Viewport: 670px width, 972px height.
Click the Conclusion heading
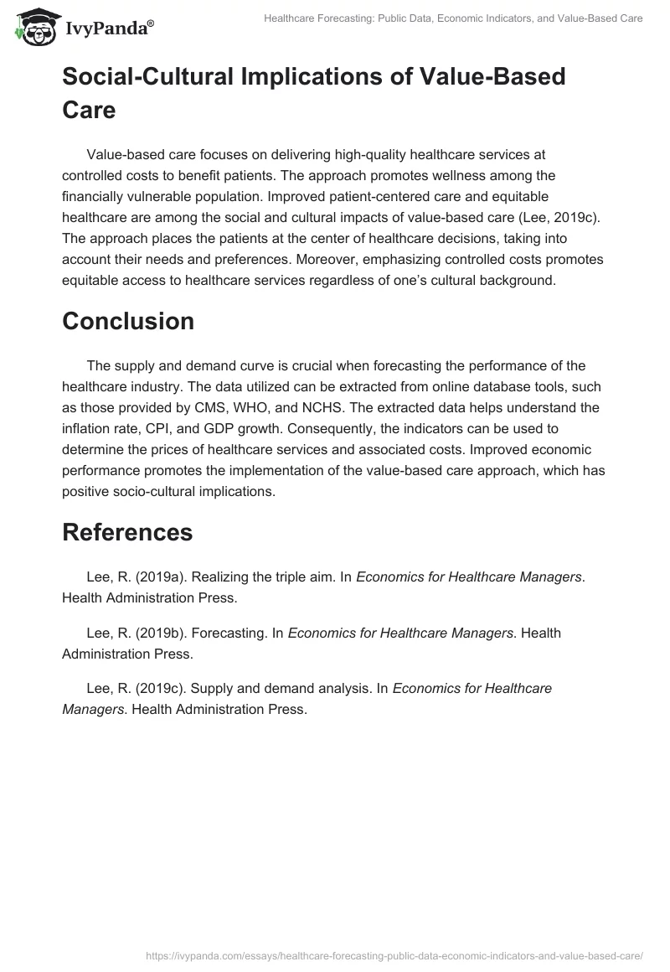point(128,322)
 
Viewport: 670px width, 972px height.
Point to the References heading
point(127,532)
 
